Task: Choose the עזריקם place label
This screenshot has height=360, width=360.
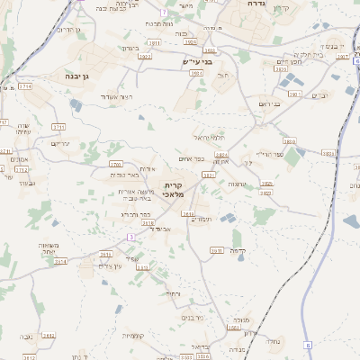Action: pyautogui.click(x=60, y=143)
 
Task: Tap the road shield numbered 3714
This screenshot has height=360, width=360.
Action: pyautogui.click(x=25, y=86)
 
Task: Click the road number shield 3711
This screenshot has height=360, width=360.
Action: pyautogui.click(x=58, y=127)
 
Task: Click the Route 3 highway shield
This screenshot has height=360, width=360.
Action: pyautogui.click(x=131, y=236)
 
